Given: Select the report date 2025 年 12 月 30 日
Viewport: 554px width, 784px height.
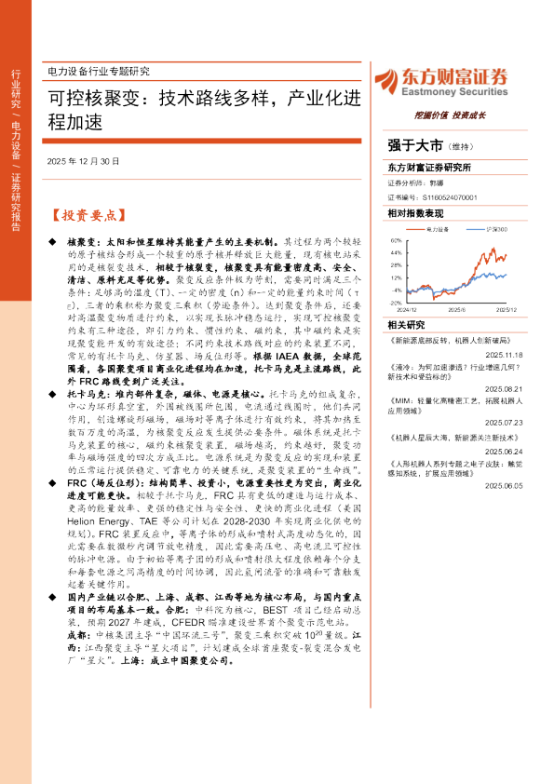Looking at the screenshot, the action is (83, 161).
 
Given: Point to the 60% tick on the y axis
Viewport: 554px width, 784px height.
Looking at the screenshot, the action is (396, 240).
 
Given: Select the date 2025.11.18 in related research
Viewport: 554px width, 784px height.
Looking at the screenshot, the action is (507, 355).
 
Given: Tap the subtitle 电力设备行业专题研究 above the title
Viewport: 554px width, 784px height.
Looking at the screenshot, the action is (98, 72).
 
